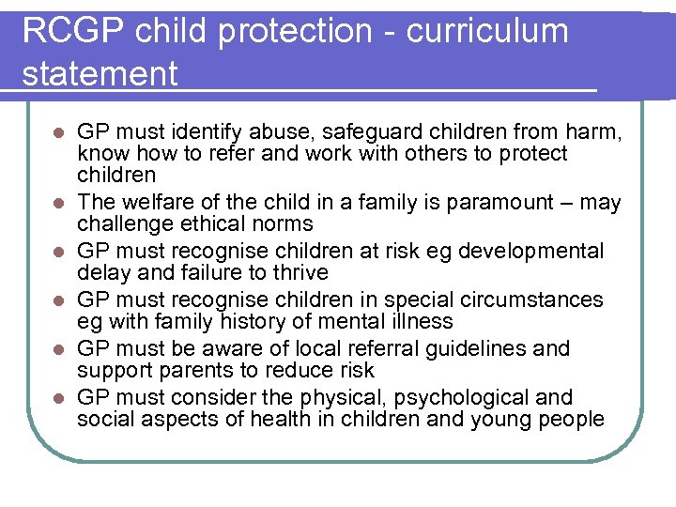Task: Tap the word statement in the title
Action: tap(100, 73)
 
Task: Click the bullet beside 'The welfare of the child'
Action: tap(58, 203)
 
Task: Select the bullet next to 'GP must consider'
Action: tap(58, 398)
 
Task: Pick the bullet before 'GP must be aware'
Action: tap(58, 349)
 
